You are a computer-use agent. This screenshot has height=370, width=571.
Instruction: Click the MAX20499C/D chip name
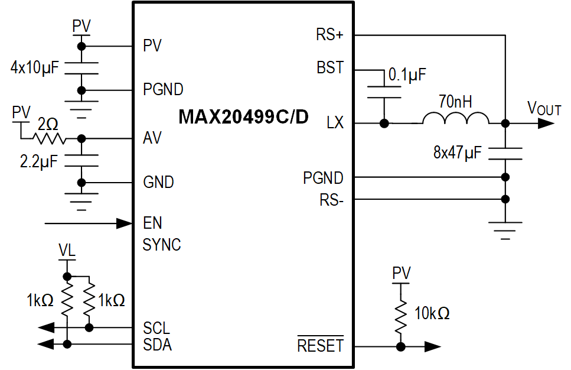(243, 116)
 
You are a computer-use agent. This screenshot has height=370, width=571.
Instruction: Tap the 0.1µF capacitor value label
(407, 74)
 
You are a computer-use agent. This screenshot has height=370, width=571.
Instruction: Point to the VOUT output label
(544, 108)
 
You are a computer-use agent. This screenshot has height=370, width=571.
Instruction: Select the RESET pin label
(320, 345)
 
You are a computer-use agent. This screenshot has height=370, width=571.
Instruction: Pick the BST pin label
(330, 69)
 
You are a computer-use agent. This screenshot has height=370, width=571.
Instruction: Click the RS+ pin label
(329, 35)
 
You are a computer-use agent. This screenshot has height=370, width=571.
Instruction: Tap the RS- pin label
(331, 200)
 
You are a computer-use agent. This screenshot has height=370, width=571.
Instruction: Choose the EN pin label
(152, 223)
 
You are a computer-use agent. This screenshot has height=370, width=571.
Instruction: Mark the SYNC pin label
(162, 245)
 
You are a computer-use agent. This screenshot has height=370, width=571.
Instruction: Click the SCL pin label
(156, 328)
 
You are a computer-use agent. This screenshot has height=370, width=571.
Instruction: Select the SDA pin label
(157, 345)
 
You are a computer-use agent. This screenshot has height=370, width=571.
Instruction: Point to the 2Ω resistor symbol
(49, 138)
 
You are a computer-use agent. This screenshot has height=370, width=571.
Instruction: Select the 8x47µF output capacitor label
(458, 153)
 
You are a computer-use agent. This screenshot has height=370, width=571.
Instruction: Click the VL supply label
(67, 251)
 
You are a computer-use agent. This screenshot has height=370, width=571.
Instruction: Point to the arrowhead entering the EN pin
(124, 223)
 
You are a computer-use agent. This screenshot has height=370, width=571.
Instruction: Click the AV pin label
(152, 138)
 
